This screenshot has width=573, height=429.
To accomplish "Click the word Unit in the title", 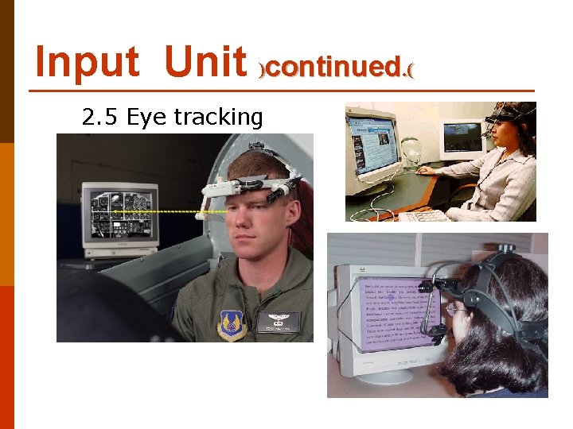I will point(206,62).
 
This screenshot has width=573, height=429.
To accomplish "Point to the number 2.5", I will point(100,118).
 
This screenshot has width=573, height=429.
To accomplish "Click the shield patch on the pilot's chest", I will point(232,325).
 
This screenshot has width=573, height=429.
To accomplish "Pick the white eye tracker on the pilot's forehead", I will point(239,185).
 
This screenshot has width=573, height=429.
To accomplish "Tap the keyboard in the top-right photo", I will point(426,214).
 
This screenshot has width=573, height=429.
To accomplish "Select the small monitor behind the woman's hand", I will point(462,140).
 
